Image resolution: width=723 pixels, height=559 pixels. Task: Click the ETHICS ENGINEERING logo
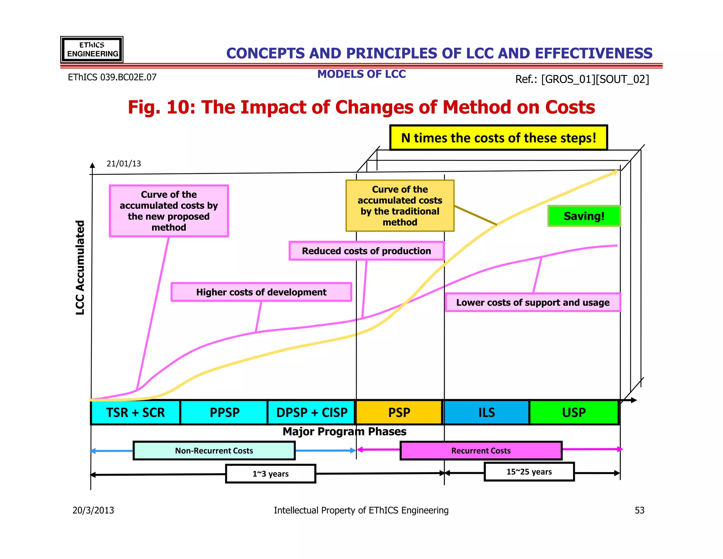pos(92,49)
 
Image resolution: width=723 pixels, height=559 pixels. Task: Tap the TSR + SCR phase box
pos(136,412)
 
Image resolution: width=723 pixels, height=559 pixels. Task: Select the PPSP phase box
pos(224,412)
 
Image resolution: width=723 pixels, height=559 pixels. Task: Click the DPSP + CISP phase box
pos(311,412)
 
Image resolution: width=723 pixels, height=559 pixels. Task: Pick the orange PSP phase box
pos(399,412)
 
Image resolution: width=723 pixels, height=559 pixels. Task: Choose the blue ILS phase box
pos(486,412)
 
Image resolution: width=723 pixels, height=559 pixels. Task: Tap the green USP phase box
pos(574,412)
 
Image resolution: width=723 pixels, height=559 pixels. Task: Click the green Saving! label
pos(584,216)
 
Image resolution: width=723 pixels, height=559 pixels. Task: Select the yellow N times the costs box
pos(498,138)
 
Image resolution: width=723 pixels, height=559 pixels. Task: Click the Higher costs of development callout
pos(261,292)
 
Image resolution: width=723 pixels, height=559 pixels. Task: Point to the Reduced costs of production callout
pos(366,251)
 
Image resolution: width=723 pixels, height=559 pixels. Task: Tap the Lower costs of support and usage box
pos(533,302)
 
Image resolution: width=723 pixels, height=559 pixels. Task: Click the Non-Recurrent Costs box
pos(214,451)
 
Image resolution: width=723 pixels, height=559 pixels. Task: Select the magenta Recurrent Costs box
pos(481,451)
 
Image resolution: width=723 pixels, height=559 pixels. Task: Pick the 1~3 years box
pos(270,474)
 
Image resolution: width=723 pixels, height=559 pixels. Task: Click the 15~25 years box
pos(529,472)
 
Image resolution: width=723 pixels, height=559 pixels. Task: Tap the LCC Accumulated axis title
pos(80,267)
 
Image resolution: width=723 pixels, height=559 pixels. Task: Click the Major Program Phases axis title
pos(344,431)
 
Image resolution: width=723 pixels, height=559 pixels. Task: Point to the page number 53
pos(639,510)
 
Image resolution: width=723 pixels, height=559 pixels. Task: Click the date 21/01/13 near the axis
pos(124,164)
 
